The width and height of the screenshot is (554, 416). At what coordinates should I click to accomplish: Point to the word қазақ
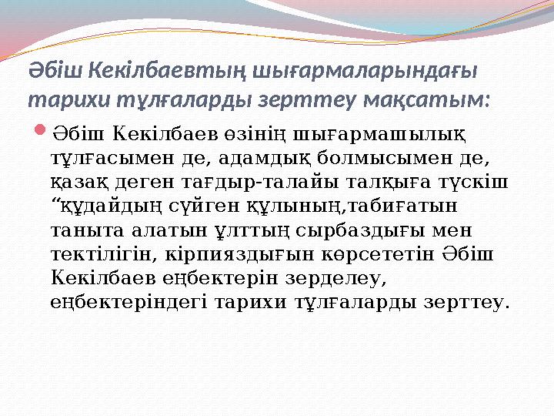82,183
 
